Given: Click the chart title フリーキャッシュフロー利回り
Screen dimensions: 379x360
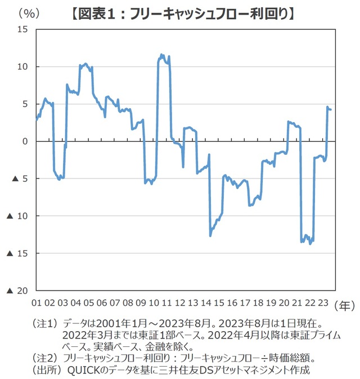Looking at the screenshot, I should [x=182, y=12].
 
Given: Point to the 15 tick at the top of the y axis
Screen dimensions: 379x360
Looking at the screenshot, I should [x=23, y=29].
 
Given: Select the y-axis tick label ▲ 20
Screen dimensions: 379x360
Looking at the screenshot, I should [x=17, y=291].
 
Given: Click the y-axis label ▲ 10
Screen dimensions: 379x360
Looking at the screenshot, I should [x=17, y=216].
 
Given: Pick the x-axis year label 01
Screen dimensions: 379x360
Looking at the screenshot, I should [x=37, y=302].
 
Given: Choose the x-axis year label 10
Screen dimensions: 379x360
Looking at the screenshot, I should [x=154, y=302].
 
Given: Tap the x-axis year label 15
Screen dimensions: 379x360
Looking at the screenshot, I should [x=218, y=302].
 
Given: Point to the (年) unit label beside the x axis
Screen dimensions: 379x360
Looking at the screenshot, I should [x=344, y=305].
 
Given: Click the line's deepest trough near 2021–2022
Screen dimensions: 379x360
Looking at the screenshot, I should [x=310, y=244].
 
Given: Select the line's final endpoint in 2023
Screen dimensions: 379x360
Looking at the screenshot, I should [x=331, y=109].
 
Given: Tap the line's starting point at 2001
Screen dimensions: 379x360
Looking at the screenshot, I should [x=37, y=119].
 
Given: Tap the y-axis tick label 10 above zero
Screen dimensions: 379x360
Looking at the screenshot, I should [x=23, y=66].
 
